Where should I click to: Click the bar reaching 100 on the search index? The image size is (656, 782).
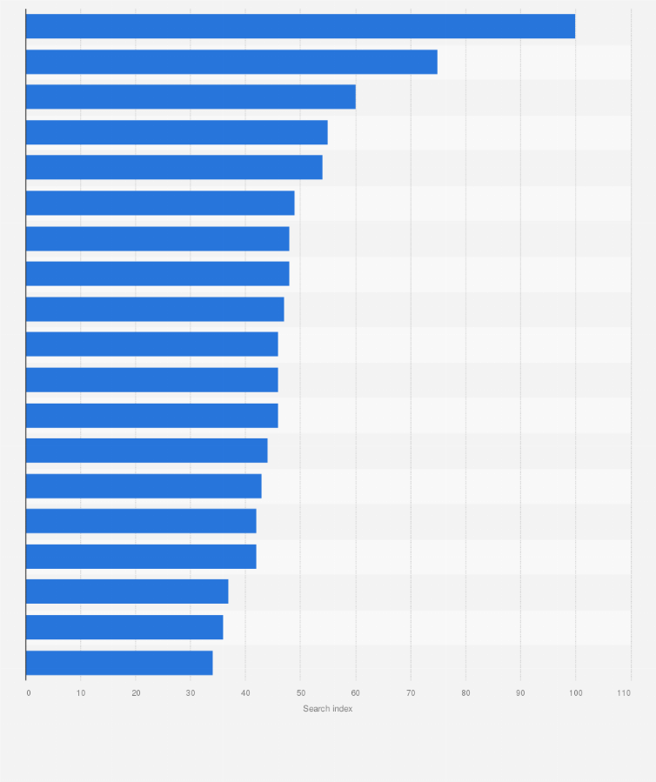pos(300,26)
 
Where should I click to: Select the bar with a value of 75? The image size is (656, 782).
pos(231,62)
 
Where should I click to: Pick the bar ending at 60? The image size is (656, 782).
pos(191,97)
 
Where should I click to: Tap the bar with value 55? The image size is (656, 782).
pos(177,132)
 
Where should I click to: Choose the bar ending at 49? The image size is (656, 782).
pos(160,203)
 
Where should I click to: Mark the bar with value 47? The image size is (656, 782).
pos(155,309)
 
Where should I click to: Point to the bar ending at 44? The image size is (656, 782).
pos(146,451)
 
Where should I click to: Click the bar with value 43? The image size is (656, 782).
pos(144,485)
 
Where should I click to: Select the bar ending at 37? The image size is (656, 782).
pos(127,592)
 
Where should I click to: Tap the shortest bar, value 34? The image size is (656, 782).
pos(119,663)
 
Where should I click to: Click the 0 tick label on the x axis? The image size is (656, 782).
pos(29,692)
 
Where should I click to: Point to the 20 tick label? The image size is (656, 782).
pos(136,692)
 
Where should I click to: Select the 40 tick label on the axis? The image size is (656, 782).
pos(245,692)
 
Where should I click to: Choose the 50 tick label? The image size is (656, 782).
pos(300,692)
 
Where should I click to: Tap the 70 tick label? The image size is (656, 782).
pos(411,692)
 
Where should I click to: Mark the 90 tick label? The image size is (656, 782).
pos(520,692)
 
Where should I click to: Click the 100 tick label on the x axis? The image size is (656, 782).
pos(575,692)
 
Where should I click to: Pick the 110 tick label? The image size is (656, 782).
pos(624,692)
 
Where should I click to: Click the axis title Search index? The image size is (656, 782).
pos(328,709)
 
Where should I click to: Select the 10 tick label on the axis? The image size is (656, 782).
pos(81,692)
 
